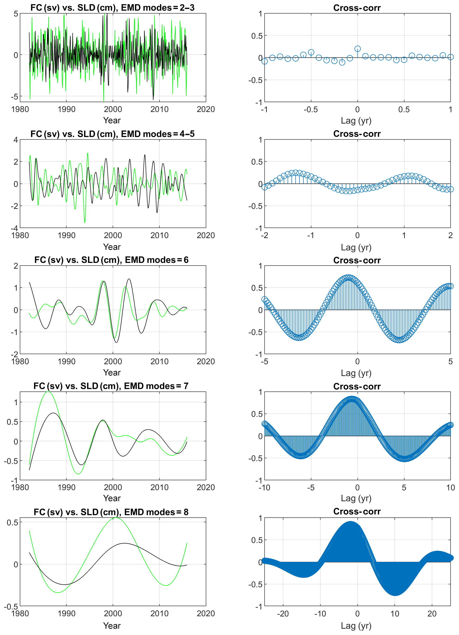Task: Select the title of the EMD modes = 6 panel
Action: tap(111, 260)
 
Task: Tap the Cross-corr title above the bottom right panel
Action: tap(357, 511)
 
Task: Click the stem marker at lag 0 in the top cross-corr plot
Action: tap(358, 49)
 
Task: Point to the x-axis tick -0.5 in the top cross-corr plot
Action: tap(311, 109)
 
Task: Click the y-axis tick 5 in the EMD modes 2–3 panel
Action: tap(16, 14)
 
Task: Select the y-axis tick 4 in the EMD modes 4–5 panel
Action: tap(16, 140)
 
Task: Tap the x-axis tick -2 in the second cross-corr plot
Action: tap(264, 236)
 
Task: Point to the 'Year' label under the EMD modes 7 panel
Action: tap(112, 498)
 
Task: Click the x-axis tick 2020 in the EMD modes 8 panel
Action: tap(206, 613)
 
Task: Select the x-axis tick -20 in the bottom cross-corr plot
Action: tap(283, 613)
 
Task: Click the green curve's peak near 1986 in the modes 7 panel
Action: tap(48, 392)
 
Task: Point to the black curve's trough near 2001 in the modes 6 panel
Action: tap(116, 342)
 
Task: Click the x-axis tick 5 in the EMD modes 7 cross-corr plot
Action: tap(404, 488)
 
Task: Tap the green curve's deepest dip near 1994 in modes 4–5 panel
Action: tap(85, 223)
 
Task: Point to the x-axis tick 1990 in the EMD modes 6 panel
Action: tap(66, 361)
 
